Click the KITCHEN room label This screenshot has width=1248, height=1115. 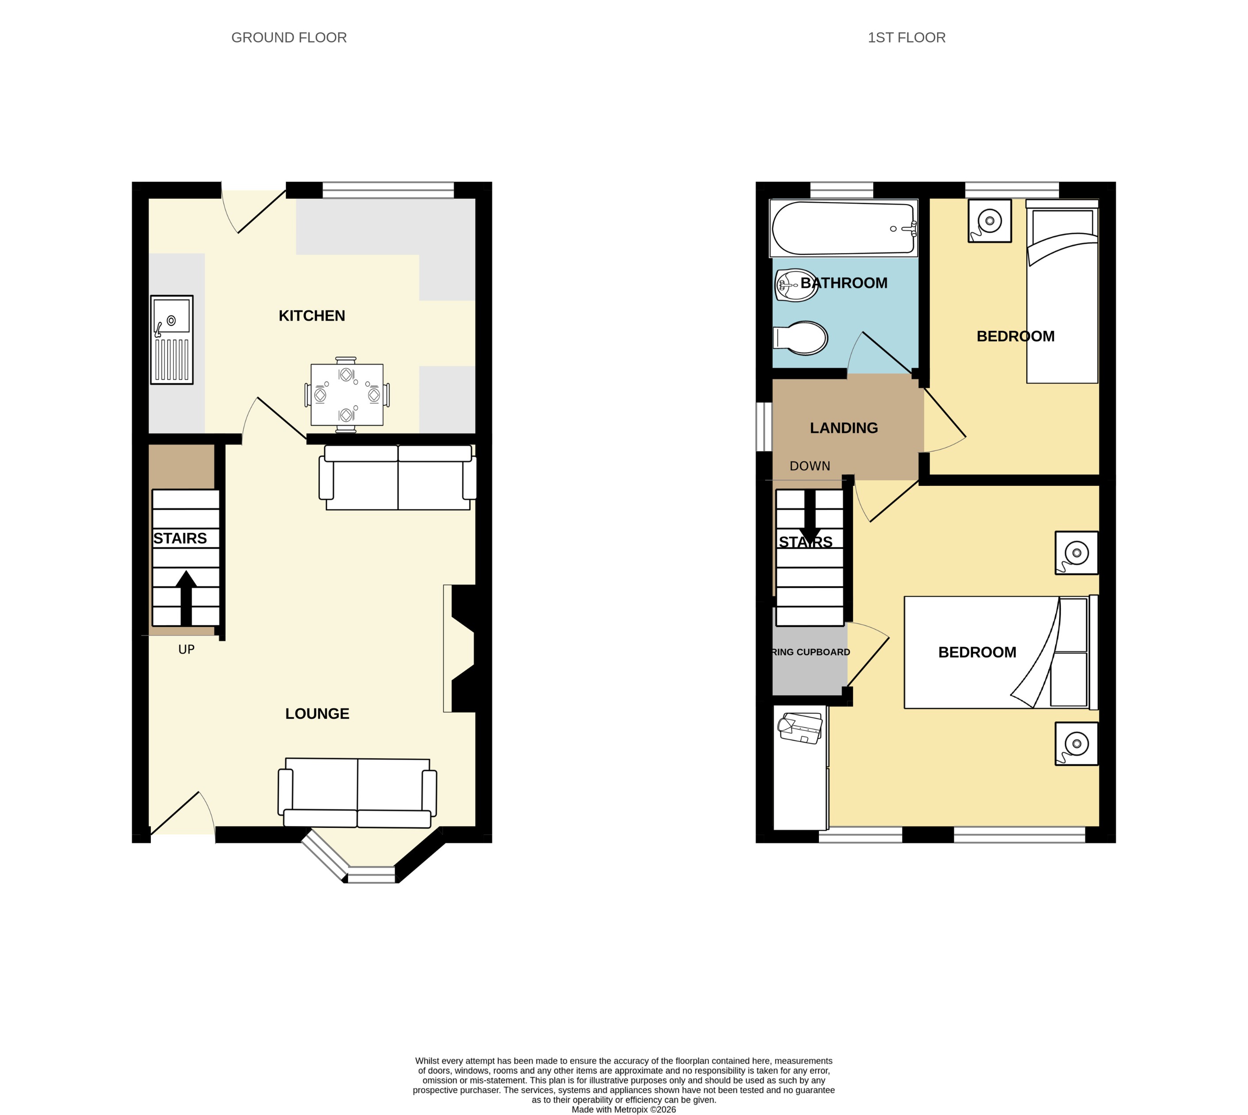[x=312, y=316]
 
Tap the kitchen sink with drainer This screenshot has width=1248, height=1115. [x=172, y=340]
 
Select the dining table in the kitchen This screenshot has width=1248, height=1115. [x=347, y=395]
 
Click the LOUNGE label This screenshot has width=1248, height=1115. [x=317, y=714]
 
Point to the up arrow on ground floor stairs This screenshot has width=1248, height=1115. [x=186, y=597]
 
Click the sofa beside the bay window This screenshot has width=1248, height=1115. [x=357, y=792]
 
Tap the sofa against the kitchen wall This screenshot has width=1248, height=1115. [x=398, y=478]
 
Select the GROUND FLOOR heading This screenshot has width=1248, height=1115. [x=288, y=38]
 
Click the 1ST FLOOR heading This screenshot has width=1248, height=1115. [x=906, y=38]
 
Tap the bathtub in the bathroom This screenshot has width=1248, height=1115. [x=844, y=228]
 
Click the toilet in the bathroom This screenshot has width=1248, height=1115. [x=801, y=338]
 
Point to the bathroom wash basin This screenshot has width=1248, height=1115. [x=796, y=285]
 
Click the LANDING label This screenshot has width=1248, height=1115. [x=844, y=428]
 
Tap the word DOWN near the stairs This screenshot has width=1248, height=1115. [x=809, y=466]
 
